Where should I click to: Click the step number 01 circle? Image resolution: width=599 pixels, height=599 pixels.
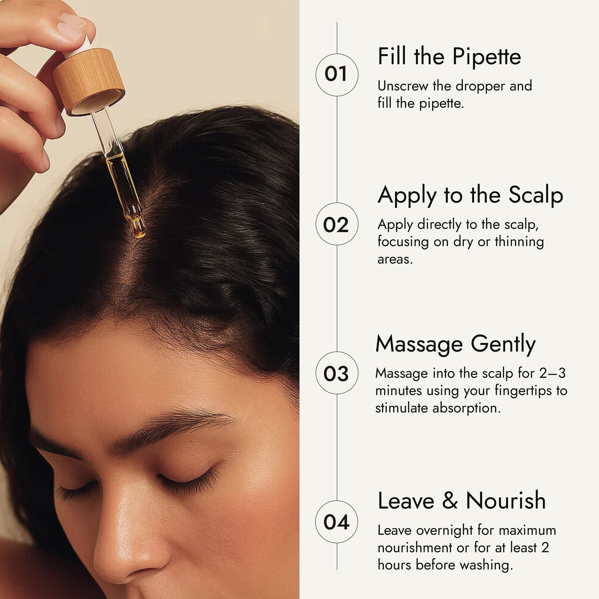click(337, 75)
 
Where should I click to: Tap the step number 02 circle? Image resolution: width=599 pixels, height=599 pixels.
click(337, 224)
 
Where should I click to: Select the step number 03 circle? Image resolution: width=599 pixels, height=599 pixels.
click(337, 373)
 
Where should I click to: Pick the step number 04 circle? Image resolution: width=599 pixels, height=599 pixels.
click(337, 522)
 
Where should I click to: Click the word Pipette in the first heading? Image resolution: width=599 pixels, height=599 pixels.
click(486, 57)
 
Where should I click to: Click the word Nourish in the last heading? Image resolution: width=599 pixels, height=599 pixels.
click(506, 501)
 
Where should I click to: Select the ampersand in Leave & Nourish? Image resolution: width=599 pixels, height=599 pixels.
click(450, 501)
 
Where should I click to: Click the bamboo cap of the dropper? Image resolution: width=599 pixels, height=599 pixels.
click(89, 82)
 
